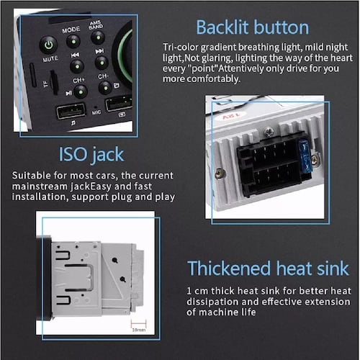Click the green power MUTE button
click(49, 45)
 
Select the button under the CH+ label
click(81, 91)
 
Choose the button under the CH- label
click(104, 87)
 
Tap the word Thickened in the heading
click(229, 269)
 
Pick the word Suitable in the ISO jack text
click(33, 175)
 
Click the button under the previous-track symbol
click(76, 66)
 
